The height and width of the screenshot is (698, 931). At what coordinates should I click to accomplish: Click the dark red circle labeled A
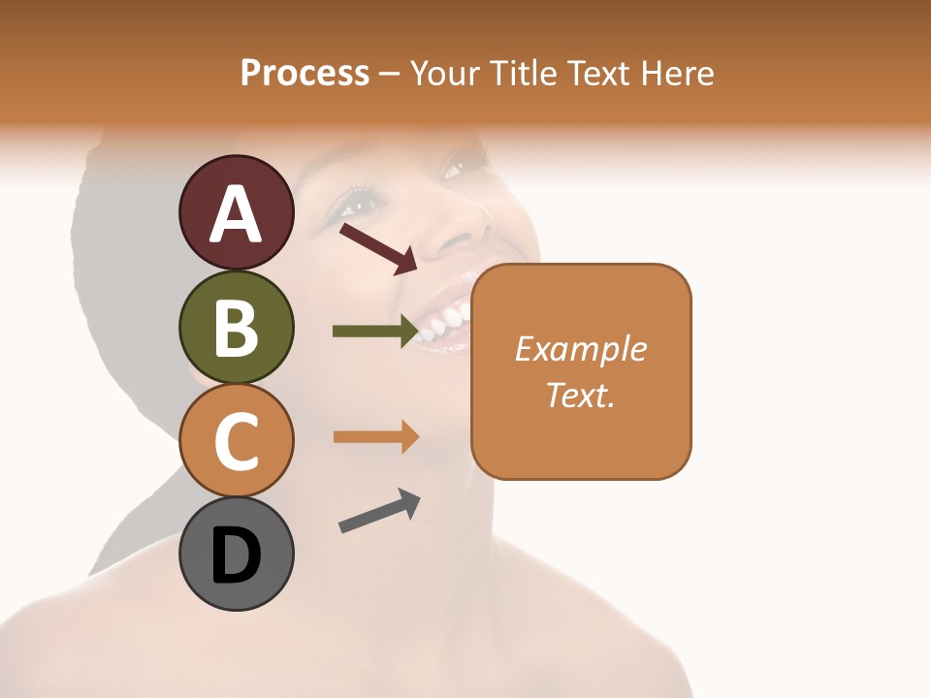(x=237, y=213)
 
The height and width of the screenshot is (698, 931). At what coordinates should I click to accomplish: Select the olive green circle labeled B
(x=237, y=328)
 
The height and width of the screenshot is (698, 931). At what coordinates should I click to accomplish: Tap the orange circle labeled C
(x=237, y=441)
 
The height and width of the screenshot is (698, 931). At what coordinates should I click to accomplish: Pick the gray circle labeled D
(x=237, y=555)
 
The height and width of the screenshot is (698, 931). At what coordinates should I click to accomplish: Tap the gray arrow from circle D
(x=379, y=511)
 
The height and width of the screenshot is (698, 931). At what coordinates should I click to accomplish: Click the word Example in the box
(x=581, y=349)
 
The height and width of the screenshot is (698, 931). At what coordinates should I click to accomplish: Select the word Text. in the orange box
(x=581, y=395)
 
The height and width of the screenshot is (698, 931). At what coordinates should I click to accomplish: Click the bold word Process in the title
(x=305, y=73)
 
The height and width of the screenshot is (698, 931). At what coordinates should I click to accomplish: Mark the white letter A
(x=237, y=214)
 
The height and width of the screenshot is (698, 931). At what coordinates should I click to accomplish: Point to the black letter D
(x=237, y=555)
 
